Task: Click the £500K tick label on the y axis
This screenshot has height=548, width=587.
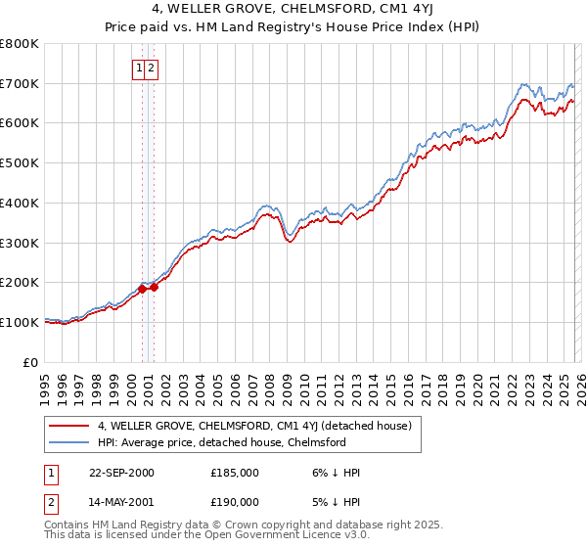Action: pos(20,162)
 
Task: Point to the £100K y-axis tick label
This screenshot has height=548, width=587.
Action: pos(20,322)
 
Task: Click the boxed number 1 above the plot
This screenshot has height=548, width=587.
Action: pos(140,68)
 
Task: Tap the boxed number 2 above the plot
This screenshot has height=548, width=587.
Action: pos(153,68)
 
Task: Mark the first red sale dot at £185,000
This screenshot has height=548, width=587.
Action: pos(143,289)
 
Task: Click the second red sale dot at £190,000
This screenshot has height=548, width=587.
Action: pos(154,287)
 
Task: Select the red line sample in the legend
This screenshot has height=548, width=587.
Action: pos(69,427)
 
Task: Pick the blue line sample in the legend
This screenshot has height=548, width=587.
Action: pos(69,442)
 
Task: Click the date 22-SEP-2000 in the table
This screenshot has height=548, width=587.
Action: pos(121,473)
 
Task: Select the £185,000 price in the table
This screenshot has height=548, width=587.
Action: pos(235,473)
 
